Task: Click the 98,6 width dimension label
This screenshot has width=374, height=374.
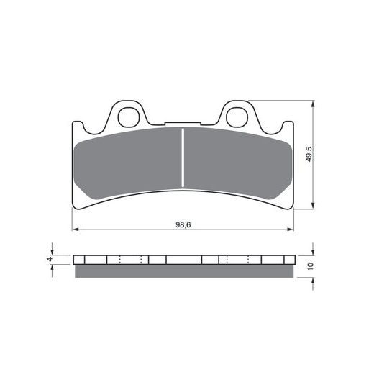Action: pyautogui.click(x=183, y=225)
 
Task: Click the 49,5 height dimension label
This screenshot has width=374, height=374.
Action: pyautogui.click(x=309, y=154)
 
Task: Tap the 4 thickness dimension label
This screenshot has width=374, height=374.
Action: pyautogui.click(x=50, y=259)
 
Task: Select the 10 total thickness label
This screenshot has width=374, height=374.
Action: pyautogui.click(x=310, y=266)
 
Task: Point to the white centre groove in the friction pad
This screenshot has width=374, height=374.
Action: pyautogui.click(x=183, y=158)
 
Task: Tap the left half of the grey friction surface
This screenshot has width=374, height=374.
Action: pyautogui.click(x=128, y=163)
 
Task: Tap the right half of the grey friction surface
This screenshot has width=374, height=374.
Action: pyautogui.click(x=238, y=163)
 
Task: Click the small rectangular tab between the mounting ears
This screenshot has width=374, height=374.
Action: pyautogui.click(x=183, y=124)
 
